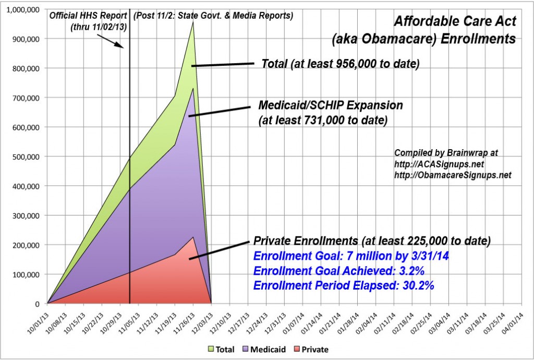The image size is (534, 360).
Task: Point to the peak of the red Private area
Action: (x=193, y=237)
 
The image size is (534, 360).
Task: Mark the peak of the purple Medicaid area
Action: (x=193, y=89)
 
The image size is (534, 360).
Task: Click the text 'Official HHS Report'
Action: (x=88, y=16)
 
